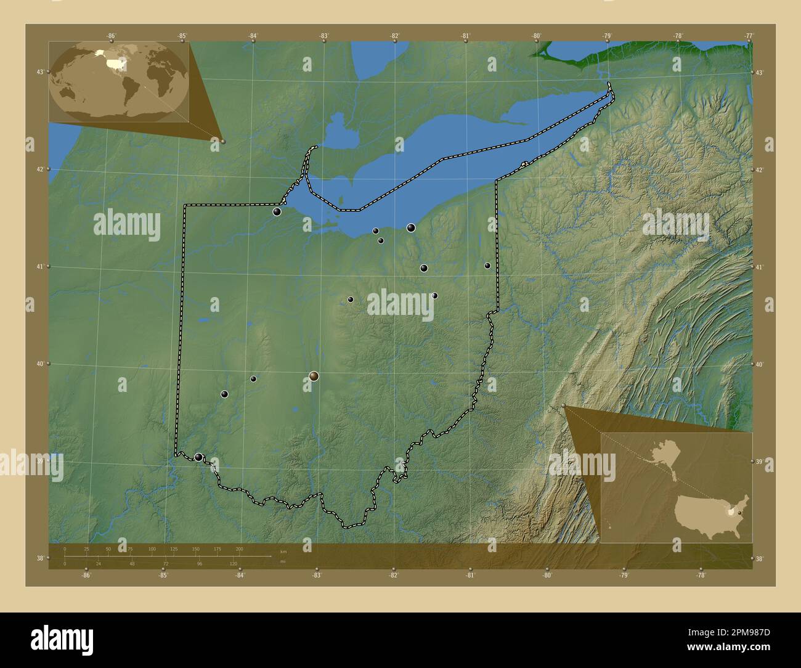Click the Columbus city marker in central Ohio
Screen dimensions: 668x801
[x=314, y=376]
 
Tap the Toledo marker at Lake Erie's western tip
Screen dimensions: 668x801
[x=277, y=212]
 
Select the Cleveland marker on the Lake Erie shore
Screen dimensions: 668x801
[x=411, y=228]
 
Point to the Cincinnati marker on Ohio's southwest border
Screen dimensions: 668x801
[x=198, y=457]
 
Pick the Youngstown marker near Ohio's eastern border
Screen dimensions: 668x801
[x=487, y=266]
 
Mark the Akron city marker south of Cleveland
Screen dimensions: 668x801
[x=424, y=268]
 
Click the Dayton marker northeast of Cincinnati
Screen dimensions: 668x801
[x=225, y=394]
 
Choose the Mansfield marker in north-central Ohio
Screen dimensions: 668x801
[x=351, y=299]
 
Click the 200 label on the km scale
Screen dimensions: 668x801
[x=239, y=548]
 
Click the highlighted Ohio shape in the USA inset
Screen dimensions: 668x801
[x=731, y=511]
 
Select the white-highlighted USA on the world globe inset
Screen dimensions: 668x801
[x=115, y=63]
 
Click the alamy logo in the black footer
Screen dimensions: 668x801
[x=62, y=639]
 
